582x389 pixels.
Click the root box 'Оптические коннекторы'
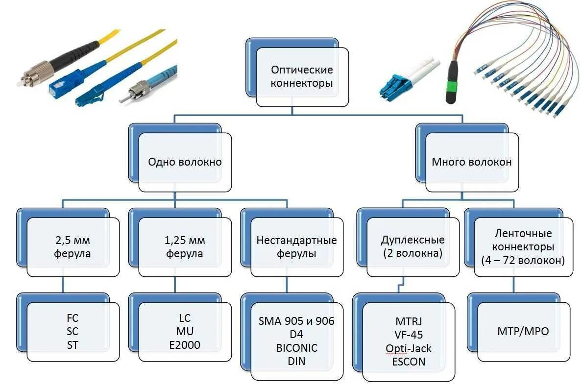[x=302, y=76]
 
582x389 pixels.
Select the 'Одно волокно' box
[x=185, y=162]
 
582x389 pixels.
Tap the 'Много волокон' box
[x=471, y=162]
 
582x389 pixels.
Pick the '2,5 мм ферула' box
[x=73, y=247]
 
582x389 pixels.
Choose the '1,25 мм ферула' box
[x=185, y=247]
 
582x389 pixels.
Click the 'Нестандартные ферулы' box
[x=297, y=247]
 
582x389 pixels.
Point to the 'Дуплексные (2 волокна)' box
[x=412, y=247]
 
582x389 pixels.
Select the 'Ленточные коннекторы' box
[x=523, y=247]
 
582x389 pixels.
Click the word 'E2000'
[x=184, y=345]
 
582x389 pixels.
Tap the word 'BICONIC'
[x=296, y=348]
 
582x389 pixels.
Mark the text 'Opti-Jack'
[x=409, y=348]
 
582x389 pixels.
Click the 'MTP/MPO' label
[x=523, y=331]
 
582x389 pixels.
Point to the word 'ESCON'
[x=409, y=362]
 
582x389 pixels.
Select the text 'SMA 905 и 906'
[x=296, y=321]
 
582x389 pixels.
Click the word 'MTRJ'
[x=409, y=321]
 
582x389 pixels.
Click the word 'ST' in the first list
[x=73, y=345]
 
